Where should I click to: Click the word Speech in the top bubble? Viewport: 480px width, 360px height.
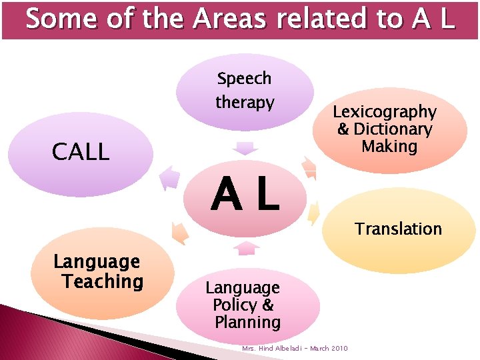244,79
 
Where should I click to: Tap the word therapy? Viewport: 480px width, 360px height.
245,103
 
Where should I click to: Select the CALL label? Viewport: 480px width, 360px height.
81,153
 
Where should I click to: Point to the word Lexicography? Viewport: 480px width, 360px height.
385,112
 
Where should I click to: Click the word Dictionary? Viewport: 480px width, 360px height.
393,129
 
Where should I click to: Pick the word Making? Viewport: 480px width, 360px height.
389,146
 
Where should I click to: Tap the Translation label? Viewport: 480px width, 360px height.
398,229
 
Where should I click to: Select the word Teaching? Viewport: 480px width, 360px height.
103,281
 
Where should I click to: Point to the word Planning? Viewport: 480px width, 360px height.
247,323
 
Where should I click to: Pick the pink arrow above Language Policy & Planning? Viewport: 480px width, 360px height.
247,248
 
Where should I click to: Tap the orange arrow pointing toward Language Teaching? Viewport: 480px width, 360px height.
179,231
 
